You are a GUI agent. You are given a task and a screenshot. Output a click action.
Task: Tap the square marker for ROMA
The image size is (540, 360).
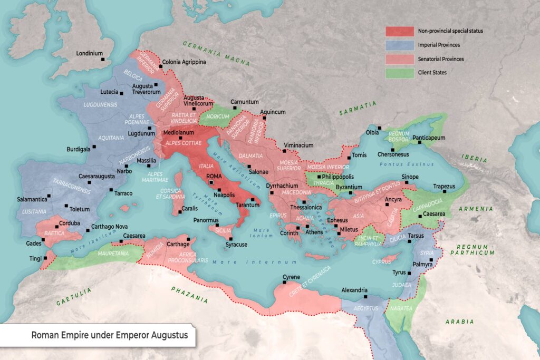click(211, 182)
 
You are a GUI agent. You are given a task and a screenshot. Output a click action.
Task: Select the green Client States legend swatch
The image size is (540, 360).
click(399, 73)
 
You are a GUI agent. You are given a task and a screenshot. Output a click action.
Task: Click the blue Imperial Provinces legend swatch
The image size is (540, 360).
click(399, 45)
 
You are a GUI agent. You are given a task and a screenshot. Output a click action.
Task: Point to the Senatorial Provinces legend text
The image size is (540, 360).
click(441, 59)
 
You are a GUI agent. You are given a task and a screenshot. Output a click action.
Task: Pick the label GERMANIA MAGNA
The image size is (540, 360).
click(216, 53)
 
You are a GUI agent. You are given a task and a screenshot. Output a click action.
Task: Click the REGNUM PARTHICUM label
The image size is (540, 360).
click(475, 249)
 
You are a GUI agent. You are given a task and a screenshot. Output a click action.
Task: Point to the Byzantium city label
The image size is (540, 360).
click(349, 187)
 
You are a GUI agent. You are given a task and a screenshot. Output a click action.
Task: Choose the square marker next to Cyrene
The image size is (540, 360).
click(285, 283)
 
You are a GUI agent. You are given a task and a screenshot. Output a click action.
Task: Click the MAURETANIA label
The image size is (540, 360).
click(113, 254)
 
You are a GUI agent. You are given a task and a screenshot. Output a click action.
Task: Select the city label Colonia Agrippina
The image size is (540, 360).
click(184, 62)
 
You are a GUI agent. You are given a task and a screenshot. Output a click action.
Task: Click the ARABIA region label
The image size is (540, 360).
click(459, 322)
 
